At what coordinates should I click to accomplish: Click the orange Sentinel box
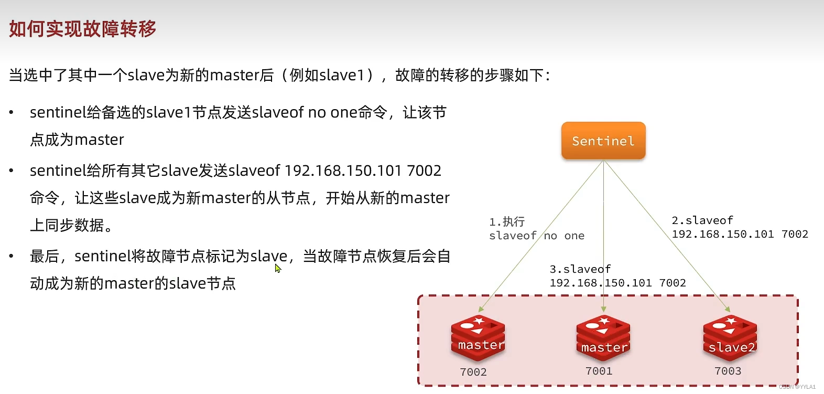pos(603,141)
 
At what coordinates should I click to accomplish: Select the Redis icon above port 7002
pos(478,338)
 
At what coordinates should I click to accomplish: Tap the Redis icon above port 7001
pos(603,338)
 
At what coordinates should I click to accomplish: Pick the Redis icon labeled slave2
pos(730,338)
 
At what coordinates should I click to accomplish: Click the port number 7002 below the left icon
pos(473,372)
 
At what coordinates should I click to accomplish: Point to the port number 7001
pos(599,371)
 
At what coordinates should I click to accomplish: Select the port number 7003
pos(728,371)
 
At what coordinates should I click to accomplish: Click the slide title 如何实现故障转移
pos(82,29)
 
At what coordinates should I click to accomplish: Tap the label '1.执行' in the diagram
pos(507,222)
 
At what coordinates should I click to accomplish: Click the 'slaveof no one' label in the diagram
pos(536,236)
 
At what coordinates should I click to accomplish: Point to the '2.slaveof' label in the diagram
pos(702,220)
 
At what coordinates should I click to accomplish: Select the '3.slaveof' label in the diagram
pos(580,269)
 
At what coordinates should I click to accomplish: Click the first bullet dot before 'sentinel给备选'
pos(12,113)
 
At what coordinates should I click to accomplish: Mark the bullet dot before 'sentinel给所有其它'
pos(12,171)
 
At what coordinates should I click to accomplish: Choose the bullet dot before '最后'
pos(12,257)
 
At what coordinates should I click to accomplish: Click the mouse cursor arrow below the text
pos(277,268)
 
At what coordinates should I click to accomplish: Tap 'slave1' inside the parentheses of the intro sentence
pos(342,76)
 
